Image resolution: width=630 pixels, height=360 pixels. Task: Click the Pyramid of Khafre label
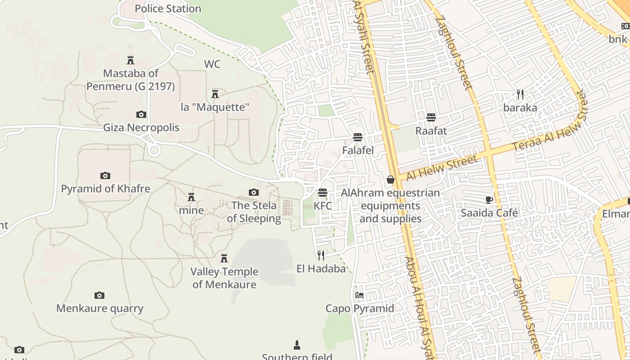pos(105,189)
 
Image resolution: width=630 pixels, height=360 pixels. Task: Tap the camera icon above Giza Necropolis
pos(141,115)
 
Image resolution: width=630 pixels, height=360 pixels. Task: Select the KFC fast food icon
pos(322,193)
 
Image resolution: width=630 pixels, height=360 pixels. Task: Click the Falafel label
pos(358,150)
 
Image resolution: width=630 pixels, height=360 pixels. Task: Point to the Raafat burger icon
pos(431,118)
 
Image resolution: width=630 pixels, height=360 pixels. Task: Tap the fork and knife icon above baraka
pos(520,94)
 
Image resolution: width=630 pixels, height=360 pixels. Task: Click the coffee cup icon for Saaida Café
pos(489,200)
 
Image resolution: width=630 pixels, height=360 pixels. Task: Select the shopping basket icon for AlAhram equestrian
pos(390,180)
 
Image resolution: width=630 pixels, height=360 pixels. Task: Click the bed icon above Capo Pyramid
pos(360,296)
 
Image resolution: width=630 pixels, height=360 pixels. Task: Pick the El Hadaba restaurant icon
pos(321,256)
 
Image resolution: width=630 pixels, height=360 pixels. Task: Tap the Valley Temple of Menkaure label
pos(224,278)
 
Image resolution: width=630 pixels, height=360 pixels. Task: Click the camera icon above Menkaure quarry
pos(99,296)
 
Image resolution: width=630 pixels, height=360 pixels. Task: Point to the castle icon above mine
pos(191,197)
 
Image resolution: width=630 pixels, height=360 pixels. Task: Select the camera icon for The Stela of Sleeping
pos(254,193)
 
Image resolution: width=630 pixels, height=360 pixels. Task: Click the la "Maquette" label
pos(215,107)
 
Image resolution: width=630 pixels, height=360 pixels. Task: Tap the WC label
pos(212,64)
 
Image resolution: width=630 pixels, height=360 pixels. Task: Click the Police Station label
pos(168,9)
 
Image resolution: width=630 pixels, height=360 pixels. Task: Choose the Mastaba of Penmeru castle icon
pos(130,60)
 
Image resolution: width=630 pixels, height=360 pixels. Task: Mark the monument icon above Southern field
pos(297,346)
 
